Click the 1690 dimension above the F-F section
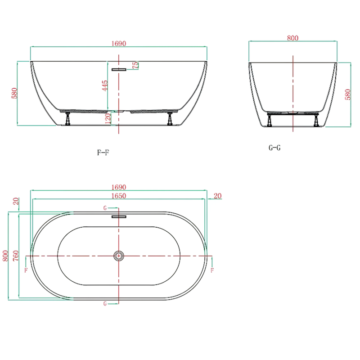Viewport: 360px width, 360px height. tap(119, 43)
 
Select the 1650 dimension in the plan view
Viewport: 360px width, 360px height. tap(119, 196)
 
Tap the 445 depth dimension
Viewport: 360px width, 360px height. tap(105, 85)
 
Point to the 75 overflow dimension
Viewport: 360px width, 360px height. tap(136, 65)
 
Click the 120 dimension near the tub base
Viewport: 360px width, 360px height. tap(108, 118)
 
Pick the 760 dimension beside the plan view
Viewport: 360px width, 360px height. tap(16, 256)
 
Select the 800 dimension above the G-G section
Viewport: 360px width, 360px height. tap(293, 38)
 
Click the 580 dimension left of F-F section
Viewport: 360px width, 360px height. tap(14, 93)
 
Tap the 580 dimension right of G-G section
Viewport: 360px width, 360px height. tap(348, 94)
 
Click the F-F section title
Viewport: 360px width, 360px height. tap(103, 153)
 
